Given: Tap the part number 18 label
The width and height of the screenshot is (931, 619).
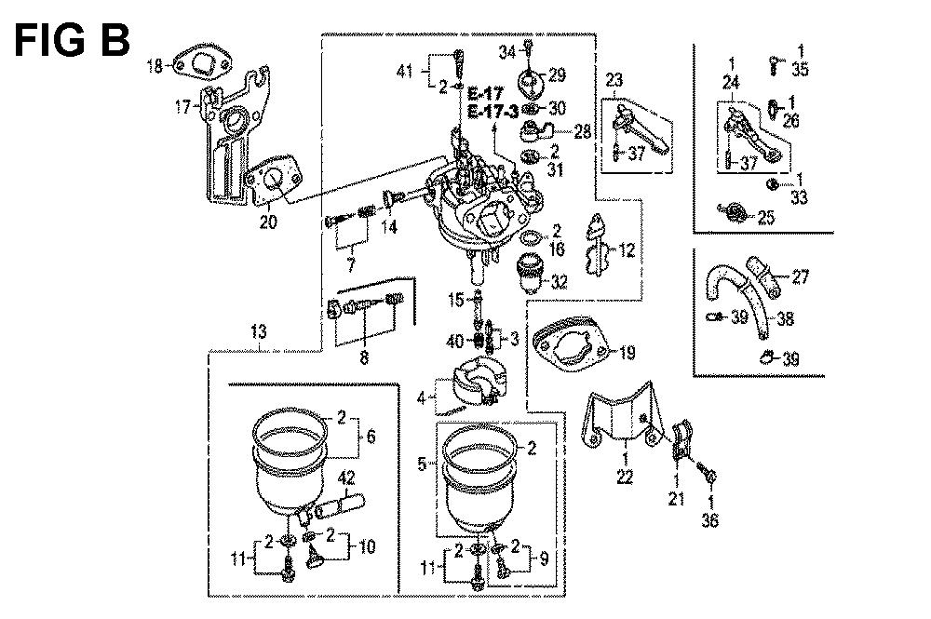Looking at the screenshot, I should point(155,65).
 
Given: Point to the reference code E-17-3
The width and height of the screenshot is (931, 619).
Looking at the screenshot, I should point(493,112).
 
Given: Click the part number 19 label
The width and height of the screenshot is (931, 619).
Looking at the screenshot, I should point(626,353).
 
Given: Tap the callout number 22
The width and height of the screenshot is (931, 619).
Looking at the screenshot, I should point(625,478).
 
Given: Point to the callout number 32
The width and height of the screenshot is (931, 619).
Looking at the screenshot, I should point(559,281).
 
